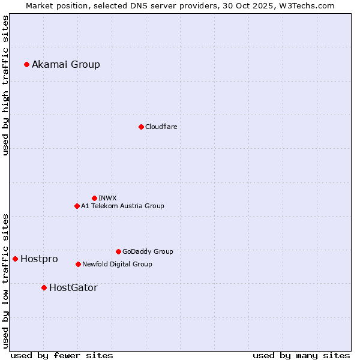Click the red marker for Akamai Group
(26, 64)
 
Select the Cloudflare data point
(141, 127)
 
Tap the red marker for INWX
(94, 198)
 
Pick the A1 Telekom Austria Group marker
(77, 206)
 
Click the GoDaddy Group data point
(118, 251)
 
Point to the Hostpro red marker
(15, 259)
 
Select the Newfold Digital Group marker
(78, 264)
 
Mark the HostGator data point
(44, 287)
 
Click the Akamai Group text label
(66, 64)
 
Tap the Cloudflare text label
(161, 127)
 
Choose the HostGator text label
(73, 287)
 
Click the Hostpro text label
(39, 259)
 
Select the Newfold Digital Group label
(117, 264)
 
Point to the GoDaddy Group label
(148, 251)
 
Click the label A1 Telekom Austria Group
(122, 206)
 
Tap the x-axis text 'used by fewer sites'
(62, 355)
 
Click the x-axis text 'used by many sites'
(301, 355)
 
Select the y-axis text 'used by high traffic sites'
(5, 85)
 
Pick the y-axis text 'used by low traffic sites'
(5, 280)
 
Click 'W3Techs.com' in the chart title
(309, 5)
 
